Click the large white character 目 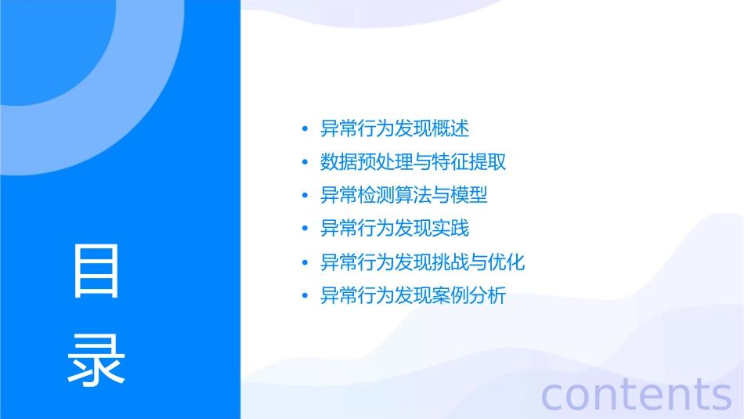pyautogui.click(x=96, y=271)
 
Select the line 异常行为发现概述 pyautogui.click(x=395, y=128)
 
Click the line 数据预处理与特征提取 pyautogui.click(x=414, y=162)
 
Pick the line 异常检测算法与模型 pyautogui.click(x=404, y=195)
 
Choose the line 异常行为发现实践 pyautogui.click(x=395, y=229)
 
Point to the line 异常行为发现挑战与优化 pyautogui.click(x=423, y=262)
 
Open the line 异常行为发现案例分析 pyautogui.click(x=414, y=296)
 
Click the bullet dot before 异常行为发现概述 pyautogui.click(x=305, y=129)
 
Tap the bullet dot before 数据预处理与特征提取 pyautogui.click(x=305, y=163)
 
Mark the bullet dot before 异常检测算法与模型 pyautogui.click(x=305, y=196)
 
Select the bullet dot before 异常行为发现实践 pyautogui.click(x=305, y=229)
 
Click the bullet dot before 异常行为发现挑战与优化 pyautogui.click(x=305, y=263)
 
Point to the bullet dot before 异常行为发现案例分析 pyautogui.click(x=305, y=297)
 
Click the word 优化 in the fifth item pyautogui.click(x=506, y=262)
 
